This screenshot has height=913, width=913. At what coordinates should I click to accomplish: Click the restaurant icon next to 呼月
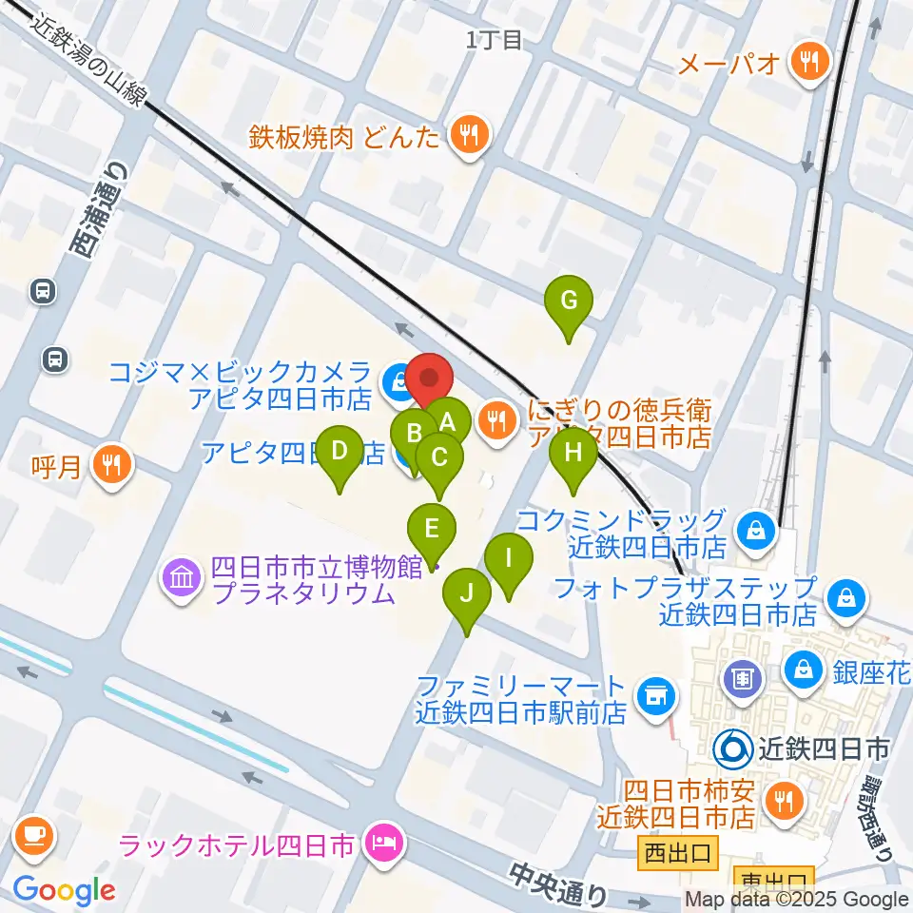pyautogui.click(x=112, y=465)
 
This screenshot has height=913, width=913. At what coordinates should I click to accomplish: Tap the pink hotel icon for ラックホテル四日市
pyautogui.click(x=384, y=844)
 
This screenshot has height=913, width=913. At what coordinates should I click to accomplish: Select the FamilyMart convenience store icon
pyautogui.click(x=653, y=698)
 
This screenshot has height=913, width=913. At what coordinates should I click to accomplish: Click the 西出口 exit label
pyautogui.click(x=674, y=852)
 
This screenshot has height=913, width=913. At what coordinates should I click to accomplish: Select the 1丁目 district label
pyautogui.click(x=495, y=39)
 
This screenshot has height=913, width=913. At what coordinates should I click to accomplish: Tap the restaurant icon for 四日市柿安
pyautogui.click(x=782, y=804)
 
